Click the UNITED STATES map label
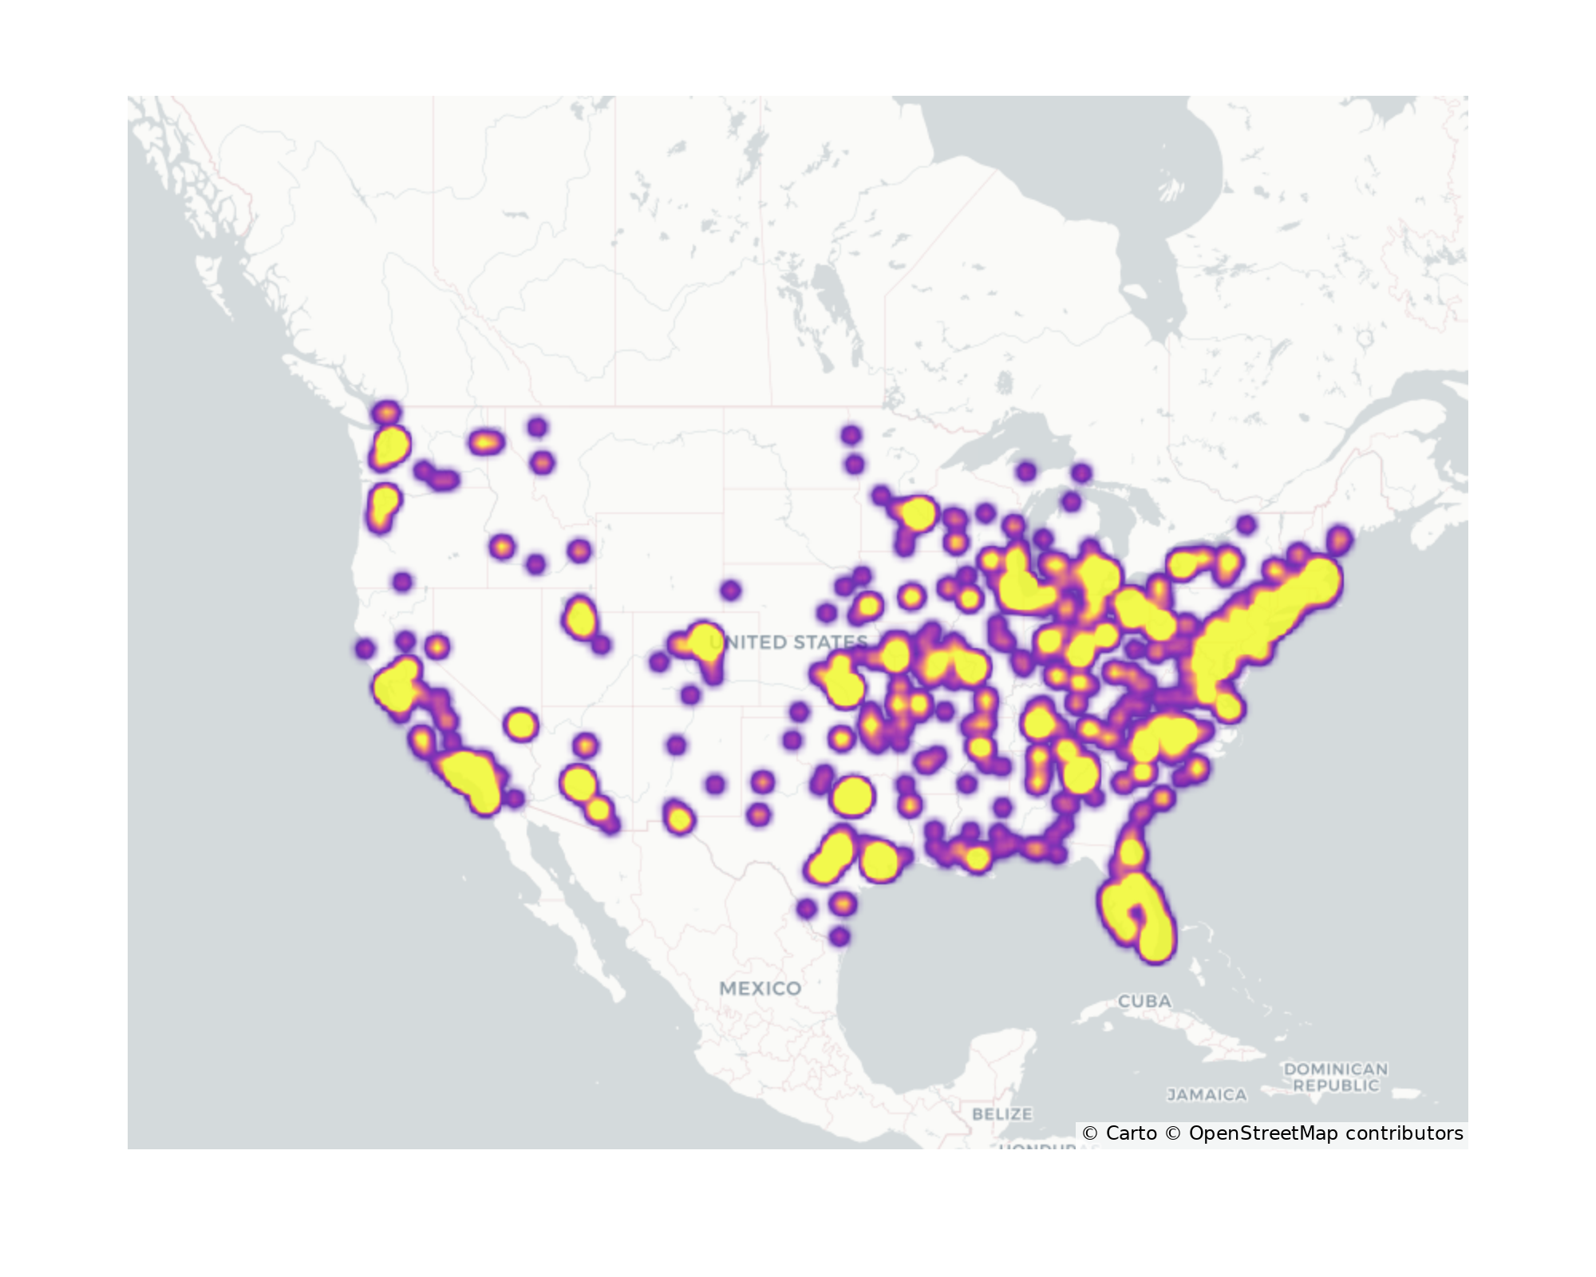coord(788,642)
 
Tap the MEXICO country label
coord(760,988)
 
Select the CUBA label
coord(1144,1001)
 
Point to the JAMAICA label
coord(1207,1095)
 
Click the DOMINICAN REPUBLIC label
coord(1335,1077)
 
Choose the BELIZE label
coord(1001,1113)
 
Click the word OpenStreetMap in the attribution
coord(1262,1133)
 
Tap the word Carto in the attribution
coord(1131,1133)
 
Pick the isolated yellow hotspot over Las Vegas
coord(520,725)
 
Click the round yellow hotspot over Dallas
coord(852,796)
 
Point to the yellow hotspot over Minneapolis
coord(917,513)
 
